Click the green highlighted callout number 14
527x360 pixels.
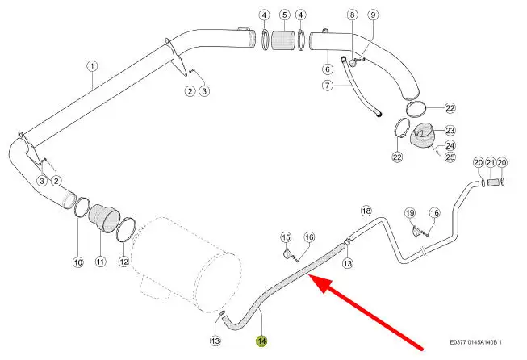point(261,341)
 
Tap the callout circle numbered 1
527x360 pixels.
point(92,66)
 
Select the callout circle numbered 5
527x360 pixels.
point(284,15)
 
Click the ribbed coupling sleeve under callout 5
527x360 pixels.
point(283,40)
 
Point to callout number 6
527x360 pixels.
point(328,69)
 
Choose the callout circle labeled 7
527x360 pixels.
point(328,86)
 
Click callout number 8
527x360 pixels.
point(352,15)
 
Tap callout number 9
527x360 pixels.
point(373,15)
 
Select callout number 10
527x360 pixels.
point(78,262)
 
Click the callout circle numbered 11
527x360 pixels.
point(101,262)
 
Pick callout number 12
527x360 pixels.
point(124,262)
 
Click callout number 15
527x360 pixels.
point(286,237)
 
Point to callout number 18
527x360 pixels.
point(366,211)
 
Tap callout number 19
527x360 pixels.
point(410,213)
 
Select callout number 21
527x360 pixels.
point(491,163)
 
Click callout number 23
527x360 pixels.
point(450,130)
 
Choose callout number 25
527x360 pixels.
point(450,157)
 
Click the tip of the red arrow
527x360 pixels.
point(309,275)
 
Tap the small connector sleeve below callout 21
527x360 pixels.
point(492,183)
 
